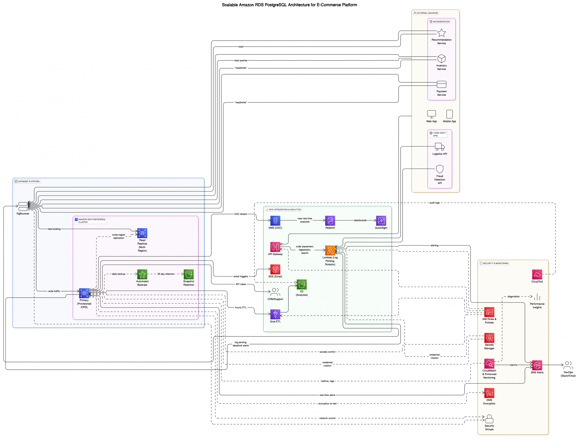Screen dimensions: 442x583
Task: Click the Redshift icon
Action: pos(330,221)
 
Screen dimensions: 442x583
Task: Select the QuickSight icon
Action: pos(381,221)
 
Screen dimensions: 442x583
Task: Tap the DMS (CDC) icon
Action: pos(275,221)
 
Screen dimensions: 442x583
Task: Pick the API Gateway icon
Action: pos(275,247)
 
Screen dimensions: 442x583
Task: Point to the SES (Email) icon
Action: pos(275,269)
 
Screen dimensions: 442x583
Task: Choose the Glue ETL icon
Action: pos(275,314)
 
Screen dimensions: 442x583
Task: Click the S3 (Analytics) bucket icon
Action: pos(302,284)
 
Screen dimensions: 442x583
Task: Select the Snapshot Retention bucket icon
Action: pos(189,274)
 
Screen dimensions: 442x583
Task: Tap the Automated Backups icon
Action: pos(142,274)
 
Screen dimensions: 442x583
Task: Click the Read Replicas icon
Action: pos(142,233)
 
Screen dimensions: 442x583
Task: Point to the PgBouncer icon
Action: pos(23,206)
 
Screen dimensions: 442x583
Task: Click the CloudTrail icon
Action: pos(537,274)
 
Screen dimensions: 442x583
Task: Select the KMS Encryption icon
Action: pos(489,393)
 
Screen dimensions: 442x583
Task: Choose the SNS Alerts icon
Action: pos(537,365)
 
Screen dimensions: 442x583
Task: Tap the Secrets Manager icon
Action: pos(489,338)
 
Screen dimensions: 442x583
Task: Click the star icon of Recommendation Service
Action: pos(442,33)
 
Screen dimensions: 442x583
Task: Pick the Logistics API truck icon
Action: pos(440,147)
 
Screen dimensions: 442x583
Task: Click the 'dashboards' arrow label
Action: pos(360,220)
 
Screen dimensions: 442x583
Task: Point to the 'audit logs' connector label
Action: pos(434,203)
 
